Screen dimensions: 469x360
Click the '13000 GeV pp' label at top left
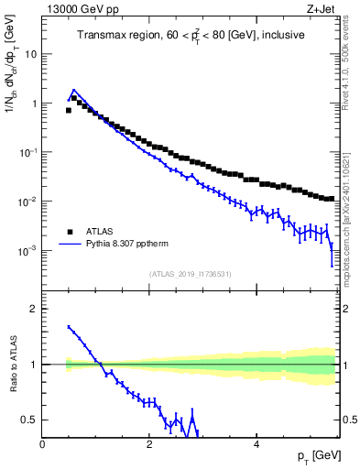tap(76, 9)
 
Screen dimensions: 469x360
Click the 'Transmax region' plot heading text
tap(191, 36)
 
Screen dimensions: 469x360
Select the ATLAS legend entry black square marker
tap(69, 232)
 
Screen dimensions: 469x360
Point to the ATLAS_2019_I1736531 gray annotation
tap(191, 274)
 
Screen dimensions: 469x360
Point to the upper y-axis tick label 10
tap(30, 54)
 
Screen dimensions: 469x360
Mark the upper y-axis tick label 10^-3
tap(27, 250)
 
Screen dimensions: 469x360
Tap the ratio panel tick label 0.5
tap(29, 420)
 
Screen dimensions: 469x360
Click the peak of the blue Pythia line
tap(74, 90)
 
